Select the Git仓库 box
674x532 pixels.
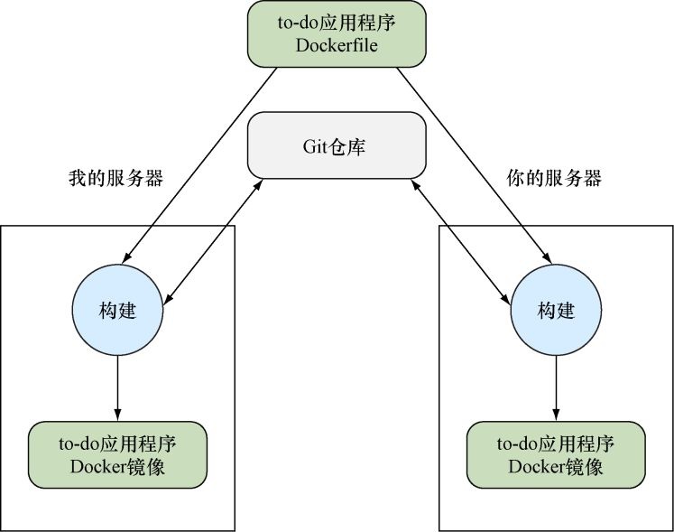(x=337, y=145)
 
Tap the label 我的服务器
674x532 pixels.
(x=115, y=178)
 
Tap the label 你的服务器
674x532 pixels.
(x=554, y=178)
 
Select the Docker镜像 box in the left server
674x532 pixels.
(x=117, y=454)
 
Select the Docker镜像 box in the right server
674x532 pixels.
(x=556, y=454)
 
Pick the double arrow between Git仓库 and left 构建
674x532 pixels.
(x=216, y=239)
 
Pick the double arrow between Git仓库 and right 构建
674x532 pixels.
(x=458, y=239)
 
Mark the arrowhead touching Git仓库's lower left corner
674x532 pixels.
(x=261, y=183)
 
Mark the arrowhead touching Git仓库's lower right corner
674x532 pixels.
(x=413, y=183)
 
